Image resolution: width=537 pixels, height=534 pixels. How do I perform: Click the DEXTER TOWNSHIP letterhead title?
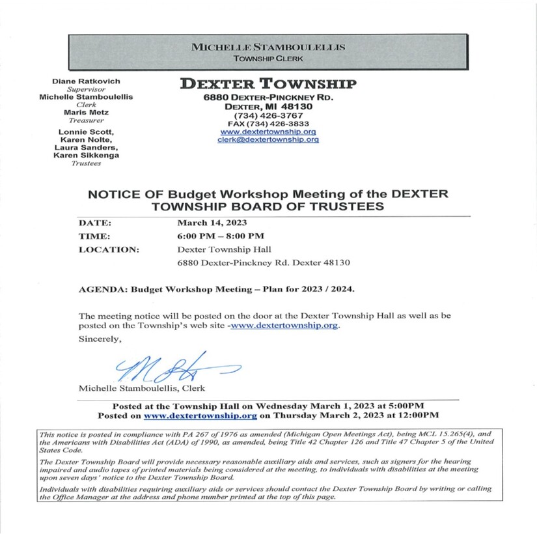click(x=268, y=83)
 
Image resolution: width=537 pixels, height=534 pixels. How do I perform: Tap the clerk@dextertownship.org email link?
click(x=268, y=139)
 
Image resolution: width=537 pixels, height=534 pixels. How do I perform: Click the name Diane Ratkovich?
click(x=86, y=81)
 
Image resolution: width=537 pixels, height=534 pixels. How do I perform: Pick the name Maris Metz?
click(x=86, y=113)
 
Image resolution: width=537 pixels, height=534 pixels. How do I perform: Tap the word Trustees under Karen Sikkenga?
click(x=86, y=163)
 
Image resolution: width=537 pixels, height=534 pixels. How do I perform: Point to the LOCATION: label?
click(x=109, y=249)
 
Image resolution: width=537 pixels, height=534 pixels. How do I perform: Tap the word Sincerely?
click(x=100, y=339)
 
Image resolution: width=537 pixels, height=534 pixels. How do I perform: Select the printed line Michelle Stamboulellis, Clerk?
click(x=142, y=388)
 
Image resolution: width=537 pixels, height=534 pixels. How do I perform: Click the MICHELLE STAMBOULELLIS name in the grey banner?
click(x=268, y=48)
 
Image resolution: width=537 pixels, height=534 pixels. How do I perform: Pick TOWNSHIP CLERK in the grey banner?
click(x=268, y=59)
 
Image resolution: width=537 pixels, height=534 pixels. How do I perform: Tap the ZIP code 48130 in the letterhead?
click(x=296, y=106)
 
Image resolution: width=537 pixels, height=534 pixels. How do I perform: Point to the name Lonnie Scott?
click(x=86, y=132)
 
